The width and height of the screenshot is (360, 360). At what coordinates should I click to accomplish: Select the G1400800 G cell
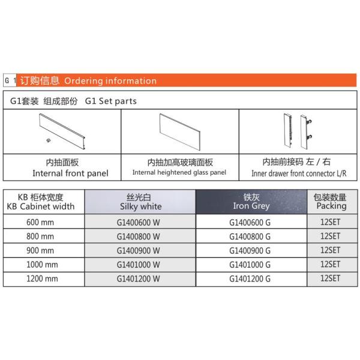(251, 236)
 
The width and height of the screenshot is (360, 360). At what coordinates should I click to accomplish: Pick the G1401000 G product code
(251, 265)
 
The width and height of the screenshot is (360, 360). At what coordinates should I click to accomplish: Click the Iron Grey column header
(251, 202)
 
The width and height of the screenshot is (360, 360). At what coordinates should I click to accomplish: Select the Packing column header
(331, 202)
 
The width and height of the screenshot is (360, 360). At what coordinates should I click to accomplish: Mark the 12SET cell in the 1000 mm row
(331, 265)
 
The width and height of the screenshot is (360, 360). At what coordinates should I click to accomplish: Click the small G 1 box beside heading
(10, 81)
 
